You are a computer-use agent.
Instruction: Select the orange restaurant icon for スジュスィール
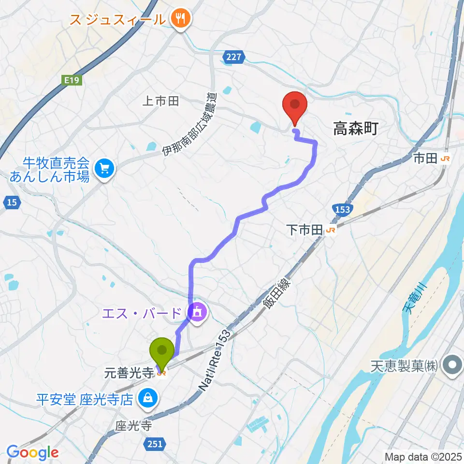tap(182, 19)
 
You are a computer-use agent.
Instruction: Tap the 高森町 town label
tap(355, 129)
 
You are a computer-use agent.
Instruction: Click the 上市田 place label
tap(161, 101)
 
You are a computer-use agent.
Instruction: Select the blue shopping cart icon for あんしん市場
tap(103, 169)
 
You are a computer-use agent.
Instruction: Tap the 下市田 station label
tap(304, 231)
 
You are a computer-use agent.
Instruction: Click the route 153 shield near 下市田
tap(341, 210)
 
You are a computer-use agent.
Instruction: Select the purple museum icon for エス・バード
tap(197, 314)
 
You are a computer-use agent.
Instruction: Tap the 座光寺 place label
tap(134, 426)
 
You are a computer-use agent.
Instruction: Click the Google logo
tap(33, 452)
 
